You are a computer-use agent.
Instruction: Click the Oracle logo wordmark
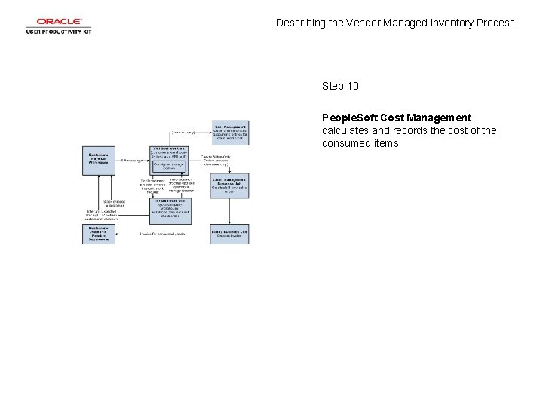(58, 22)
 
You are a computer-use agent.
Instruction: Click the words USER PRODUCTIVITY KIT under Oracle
(58, 32)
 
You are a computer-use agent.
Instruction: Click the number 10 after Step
(352, 86)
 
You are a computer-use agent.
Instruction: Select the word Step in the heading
(333, 86)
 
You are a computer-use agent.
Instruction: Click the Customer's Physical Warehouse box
(99, 160)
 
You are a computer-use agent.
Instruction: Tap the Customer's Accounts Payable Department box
(99, 234)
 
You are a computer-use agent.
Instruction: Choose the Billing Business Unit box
(230, 233)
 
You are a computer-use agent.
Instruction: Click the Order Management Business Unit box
(230, 185)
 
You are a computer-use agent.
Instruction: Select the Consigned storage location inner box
(170, 166)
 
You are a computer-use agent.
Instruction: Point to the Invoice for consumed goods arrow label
(164, 234)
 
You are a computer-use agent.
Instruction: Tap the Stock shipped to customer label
(114, 203)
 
